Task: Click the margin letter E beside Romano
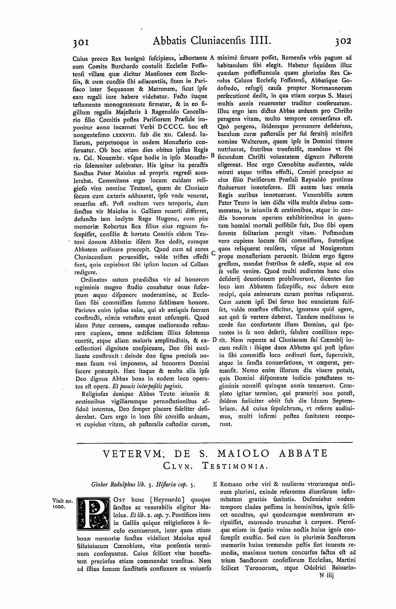(x=215, y=484)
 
